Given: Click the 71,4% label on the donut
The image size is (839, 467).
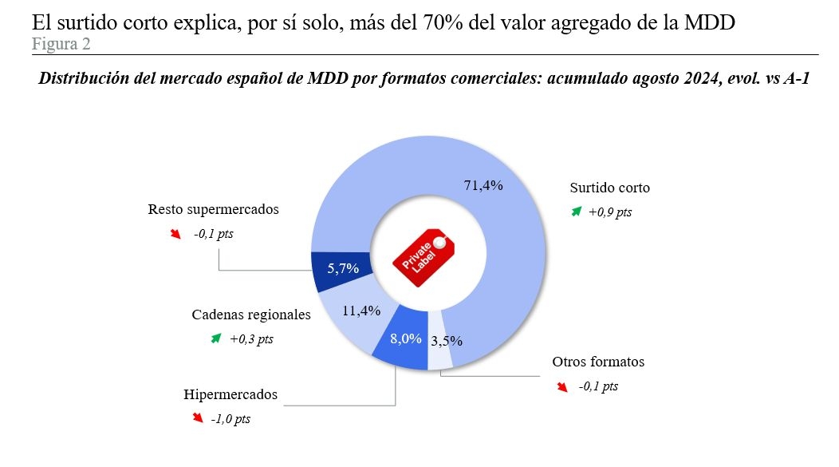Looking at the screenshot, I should (483, 185).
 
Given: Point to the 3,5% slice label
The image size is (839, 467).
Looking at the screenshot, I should (447, 341).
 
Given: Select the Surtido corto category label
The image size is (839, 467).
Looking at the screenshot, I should (609, 188).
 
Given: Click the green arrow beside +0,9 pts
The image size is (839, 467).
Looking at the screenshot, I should (576, 212).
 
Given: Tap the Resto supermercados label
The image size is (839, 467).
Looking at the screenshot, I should (213, 210).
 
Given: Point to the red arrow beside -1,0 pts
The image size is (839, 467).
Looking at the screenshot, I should (197, 418).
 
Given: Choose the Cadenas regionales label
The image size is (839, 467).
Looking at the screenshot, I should (250, 315).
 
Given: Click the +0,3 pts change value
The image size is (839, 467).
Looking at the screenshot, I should (251, 339).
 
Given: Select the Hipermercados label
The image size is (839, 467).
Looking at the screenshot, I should (230, 394).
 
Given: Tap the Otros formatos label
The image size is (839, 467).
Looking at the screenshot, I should (598, 362).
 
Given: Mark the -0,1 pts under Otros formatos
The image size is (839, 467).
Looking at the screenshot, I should (598, 386).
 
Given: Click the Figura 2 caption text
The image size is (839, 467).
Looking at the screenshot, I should (61, 44).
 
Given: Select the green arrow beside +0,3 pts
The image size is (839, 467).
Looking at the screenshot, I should (215, 338).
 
